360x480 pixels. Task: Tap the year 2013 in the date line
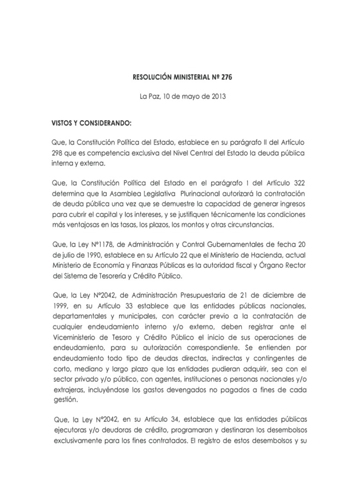tap(217, 97)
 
